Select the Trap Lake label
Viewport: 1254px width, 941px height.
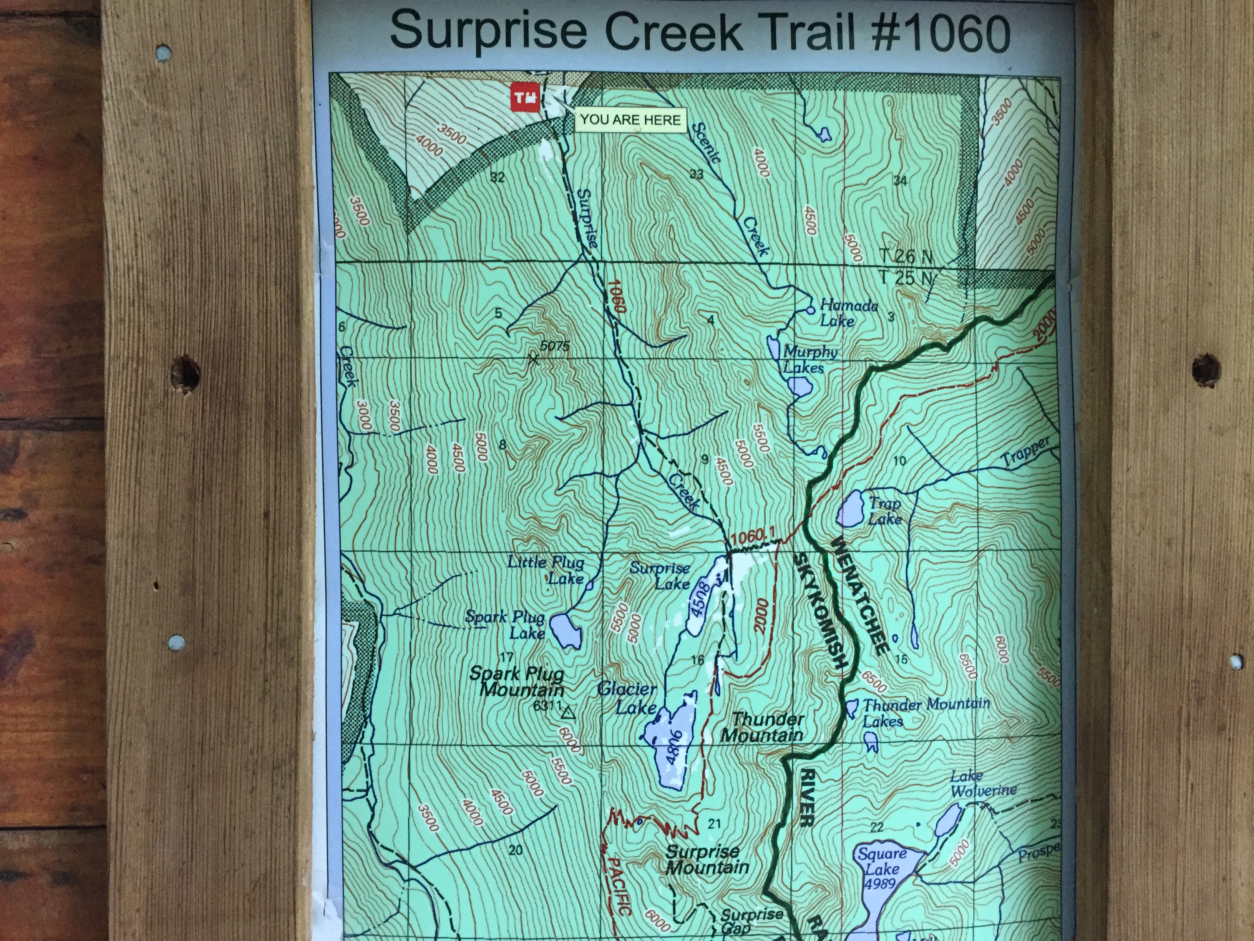pos(884,510)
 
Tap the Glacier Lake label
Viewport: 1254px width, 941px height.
pos(627,698)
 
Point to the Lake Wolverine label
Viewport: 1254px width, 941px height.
pos(982,783)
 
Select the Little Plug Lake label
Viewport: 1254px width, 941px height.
pos(546,570)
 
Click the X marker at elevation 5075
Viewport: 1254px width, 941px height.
pos(533,359)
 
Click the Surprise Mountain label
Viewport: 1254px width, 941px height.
pos(706,859)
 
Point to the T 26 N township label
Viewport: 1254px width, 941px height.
pos(906,256)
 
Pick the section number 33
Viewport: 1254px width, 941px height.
pos(696,174)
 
